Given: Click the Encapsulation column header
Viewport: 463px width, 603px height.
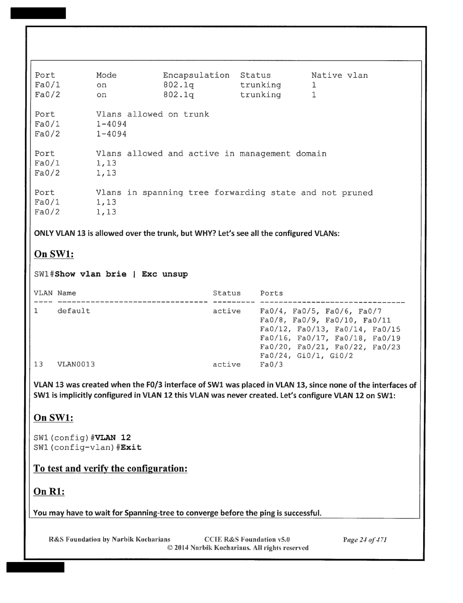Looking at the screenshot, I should click(x=196, y=75).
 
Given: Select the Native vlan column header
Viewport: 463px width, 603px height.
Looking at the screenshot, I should click(x=339, y=75).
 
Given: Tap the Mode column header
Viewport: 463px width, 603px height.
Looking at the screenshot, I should click(x=106, y=75).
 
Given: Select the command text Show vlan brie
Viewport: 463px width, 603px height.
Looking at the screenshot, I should click(x=91, y=274).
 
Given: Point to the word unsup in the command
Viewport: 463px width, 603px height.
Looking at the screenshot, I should click(x=175, y=274).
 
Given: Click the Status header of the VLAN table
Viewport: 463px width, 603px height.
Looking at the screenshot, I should click(x=227, y=293).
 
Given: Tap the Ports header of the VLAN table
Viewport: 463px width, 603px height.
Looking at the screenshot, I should click(x=272, y=293).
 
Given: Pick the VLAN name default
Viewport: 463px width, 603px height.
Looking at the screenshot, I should click(x=74, y=311).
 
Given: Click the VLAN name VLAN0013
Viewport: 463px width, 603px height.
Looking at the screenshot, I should click(x=76, y=364).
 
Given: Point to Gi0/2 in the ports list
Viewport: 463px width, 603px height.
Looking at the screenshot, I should click(x=341, y=356).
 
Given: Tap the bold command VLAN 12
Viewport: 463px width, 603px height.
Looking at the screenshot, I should click(x=113, y=438).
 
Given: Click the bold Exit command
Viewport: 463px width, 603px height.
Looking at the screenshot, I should click(x=131, y=448).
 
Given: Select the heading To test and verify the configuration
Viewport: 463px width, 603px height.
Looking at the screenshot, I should click(x=110, y=468).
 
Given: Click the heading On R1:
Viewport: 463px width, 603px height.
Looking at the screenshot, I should click(x=49, y=492).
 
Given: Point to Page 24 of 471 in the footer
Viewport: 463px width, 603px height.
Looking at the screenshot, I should click(x=365, y=540).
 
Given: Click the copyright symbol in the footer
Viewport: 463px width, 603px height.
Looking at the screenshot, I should click(x=170, y=548).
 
